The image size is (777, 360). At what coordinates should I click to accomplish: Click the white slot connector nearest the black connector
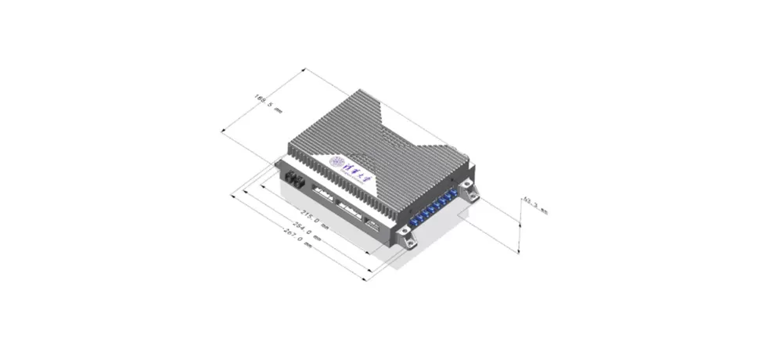point(322,193)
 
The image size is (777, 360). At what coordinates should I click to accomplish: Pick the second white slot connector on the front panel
point(349,207)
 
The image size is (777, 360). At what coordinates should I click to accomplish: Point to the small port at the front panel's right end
point(373,225)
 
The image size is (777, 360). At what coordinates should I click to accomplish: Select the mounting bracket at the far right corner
point(469,189)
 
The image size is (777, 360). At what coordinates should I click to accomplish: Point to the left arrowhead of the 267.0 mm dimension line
point(232,194)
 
